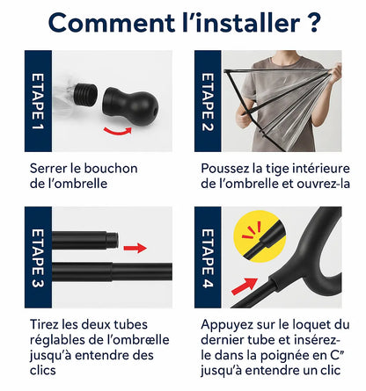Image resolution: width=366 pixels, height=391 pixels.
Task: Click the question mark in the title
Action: tap(313, 22)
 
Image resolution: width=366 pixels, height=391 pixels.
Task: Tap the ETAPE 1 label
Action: tap(38, 101)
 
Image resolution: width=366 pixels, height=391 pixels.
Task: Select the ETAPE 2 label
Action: tap(208, 102)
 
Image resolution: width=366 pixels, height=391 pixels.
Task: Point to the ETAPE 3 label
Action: tap(38, 257)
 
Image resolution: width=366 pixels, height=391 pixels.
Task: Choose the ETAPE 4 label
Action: tap(208, 257)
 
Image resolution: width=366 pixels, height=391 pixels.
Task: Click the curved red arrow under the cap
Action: tap(118, 131)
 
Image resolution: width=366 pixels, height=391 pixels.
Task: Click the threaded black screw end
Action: tap(85, 94)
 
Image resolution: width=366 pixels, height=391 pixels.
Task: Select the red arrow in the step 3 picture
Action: tap(135, 248)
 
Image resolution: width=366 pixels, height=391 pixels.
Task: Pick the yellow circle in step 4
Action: tap(260, 236)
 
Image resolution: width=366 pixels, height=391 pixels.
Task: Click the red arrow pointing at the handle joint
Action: tap(245, 286)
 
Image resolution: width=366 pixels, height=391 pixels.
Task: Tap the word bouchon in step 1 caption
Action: tap(111, 169)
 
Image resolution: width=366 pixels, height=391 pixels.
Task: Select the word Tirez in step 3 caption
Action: tap(45, 324)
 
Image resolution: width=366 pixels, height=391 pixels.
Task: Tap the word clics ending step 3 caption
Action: tap(43, 370)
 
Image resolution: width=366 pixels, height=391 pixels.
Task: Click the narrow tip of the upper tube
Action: tap(113, 240)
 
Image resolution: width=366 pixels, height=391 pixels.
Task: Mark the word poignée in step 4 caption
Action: tap(283, 356)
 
